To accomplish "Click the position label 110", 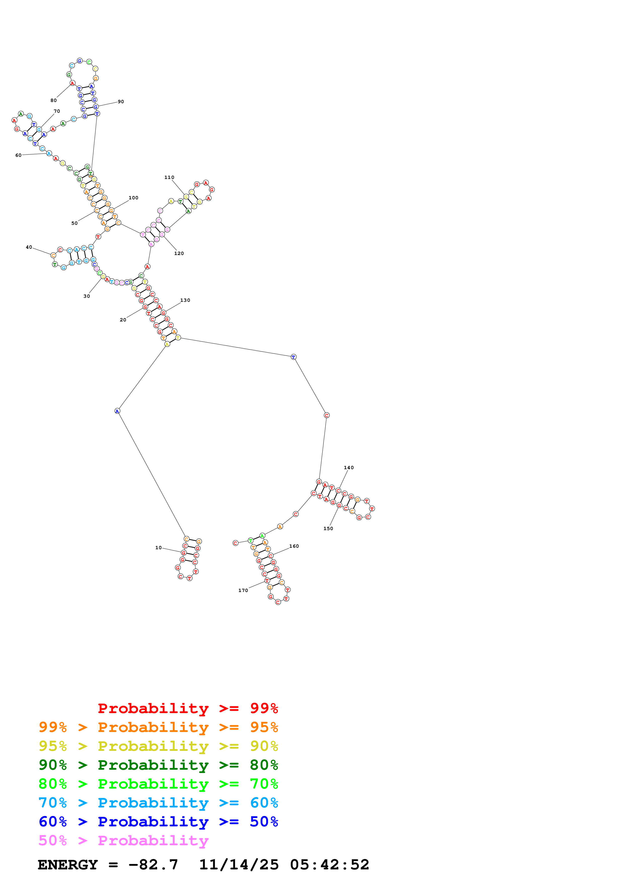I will point(169,177).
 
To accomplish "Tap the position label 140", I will point(348,468).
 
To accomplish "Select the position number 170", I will point(243,590).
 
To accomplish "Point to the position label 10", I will point(158,548).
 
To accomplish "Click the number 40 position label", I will point(29,247).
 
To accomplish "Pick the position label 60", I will point(18,155).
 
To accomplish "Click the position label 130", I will point(185,300).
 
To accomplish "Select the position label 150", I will point(328,528).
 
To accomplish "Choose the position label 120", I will point(179,253).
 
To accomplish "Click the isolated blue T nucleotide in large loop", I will point(293,357).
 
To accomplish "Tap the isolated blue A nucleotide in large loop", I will point(117,411).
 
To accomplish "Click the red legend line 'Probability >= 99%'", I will point(188,708).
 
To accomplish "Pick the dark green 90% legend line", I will point(158,765).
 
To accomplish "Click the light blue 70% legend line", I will point(158,803).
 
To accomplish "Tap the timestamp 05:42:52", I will point(329,865).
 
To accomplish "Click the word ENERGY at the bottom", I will point(68,865).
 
